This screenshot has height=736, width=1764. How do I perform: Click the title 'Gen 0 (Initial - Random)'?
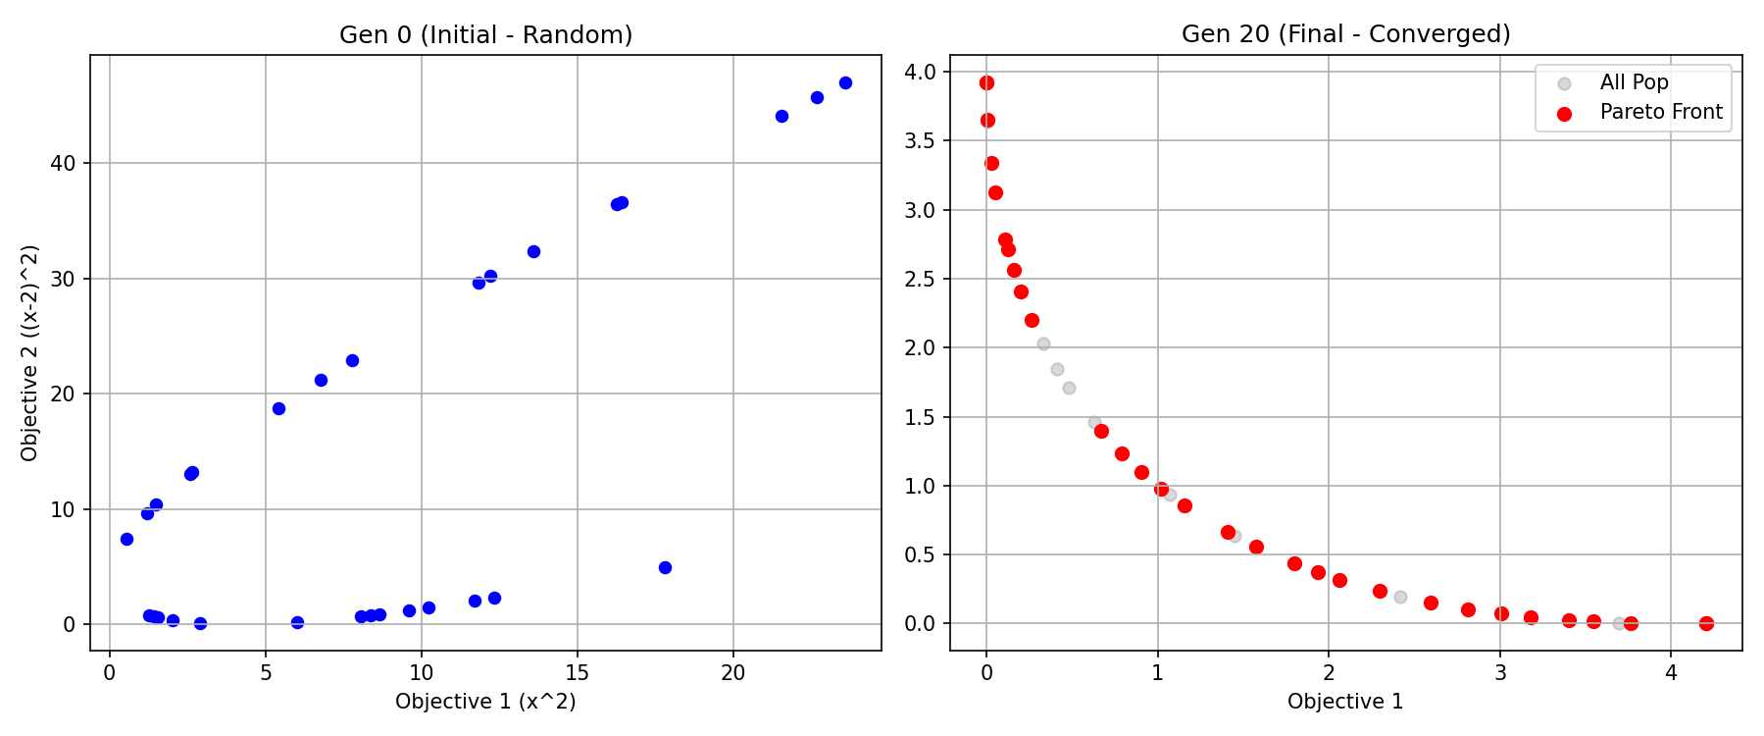click(x=485, y=35)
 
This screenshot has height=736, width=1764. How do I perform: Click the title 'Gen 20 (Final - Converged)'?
click(x=1345, y=34)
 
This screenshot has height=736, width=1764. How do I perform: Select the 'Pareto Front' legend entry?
click(x=1660, y=113)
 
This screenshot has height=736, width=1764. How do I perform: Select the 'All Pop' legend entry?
click(x=1634, y=83)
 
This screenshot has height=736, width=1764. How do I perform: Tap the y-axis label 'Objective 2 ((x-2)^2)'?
click(x=29, y=353)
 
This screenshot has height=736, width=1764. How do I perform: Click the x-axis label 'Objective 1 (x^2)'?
click(x=485, y=702)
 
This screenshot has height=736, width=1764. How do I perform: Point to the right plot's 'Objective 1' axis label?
click(x=1345, y=702)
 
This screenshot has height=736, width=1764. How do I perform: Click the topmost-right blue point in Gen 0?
click(x=845, y=83)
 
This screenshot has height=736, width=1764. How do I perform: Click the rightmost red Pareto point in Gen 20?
click(x=1706, y=623)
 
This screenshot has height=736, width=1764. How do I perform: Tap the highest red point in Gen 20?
click(x=986, y=83)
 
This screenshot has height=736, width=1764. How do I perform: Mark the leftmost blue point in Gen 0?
click(x=126, y=539)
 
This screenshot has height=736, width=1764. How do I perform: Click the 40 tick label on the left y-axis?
click(x=63, y=163)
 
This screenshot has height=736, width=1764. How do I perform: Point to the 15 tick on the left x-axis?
click(x=577, y=673)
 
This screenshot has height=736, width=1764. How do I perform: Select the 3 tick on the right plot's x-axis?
click(x=1500, y=673)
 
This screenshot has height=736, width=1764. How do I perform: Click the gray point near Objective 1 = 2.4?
click(x=1400, y=597)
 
